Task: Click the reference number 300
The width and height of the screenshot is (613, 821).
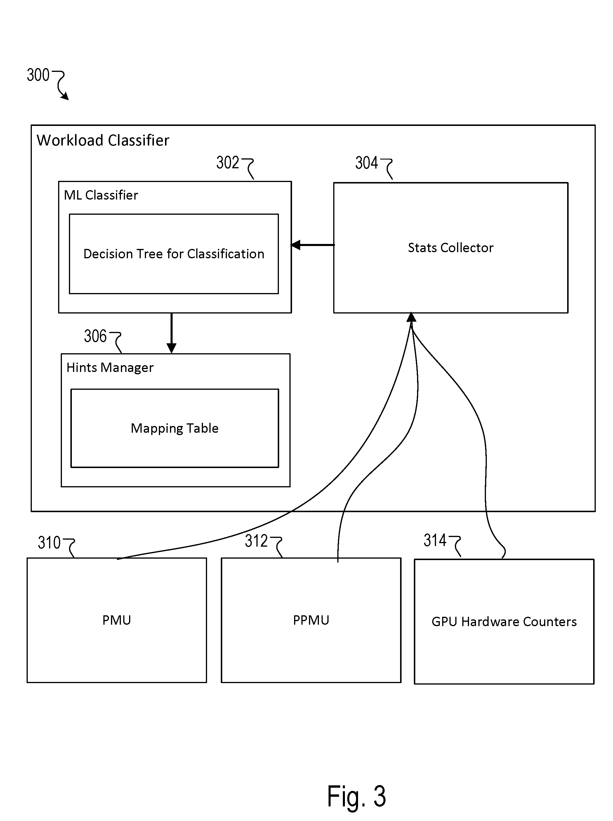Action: coord(38,75)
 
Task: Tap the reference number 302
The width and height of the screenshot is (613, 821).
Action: coord(228,162)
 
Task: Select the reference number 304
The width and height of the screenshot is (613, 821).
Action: coord(367,162)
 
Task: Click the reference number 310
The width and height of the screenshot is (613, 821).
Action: coord(49,543)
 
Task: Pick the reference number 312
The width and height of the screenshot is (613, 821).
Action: coord(256,541)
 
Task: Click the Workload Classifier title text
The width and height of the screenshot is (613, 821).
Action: coord(103,140)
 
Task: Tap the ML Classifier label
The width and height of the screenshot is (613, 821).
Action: coord(101,195)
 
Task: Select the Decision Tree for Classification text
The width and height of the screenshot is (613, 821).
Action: coord(174,254)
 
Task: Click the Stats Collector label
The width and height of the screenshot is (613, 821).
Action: coord(450,247)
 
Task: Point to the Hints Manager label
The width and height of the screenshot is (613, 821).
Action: coord(110,368)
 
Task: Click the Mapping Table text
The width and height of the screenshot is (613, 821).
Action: coord(174,428)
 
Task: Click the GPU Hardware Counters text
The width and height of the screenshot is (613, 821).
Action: coord(504,622)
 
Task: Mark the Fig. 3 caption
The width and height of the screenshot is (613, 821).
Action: coord(356,796)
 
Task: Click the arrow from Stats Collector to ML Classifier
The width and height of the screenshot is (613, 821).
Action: coord(312,245)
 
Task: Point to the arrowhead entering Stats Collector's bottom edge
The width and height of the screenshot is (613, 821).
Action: coord(411,317)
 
